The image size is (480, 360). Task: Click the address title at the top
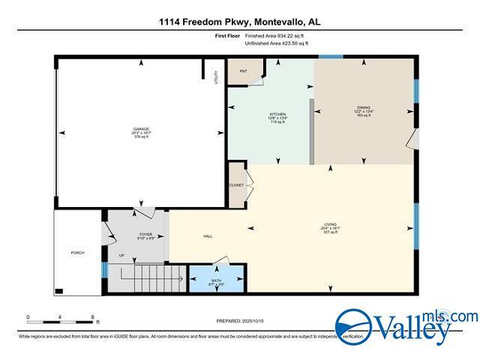coord(239,22)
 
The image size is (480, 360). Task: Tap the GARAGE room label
coord(142,133)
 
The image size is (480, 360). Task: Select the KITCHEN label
coord(277,117)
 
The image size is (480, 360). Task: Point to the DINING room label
coord(364,111)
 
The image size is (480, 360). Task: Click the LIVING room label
coord(330,228)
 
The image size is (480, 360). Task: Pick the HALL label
coord(208,237)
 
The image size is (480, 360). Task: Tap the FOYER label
coord(145,237)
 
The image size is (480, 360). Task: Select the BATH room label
coord(216,283)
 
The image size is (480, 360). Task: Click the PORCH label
coord(77,253)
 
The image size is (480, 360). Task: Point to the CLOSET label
coord(236,184)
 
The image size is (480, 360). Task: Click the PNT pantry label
coord(243,71)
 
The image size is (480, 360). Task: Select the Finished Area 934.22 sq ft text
coord(281,35)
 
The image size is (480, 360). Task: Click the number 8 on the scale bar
coord(92,317)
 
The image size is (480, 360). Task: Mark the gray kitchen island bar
coord(310,129)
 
